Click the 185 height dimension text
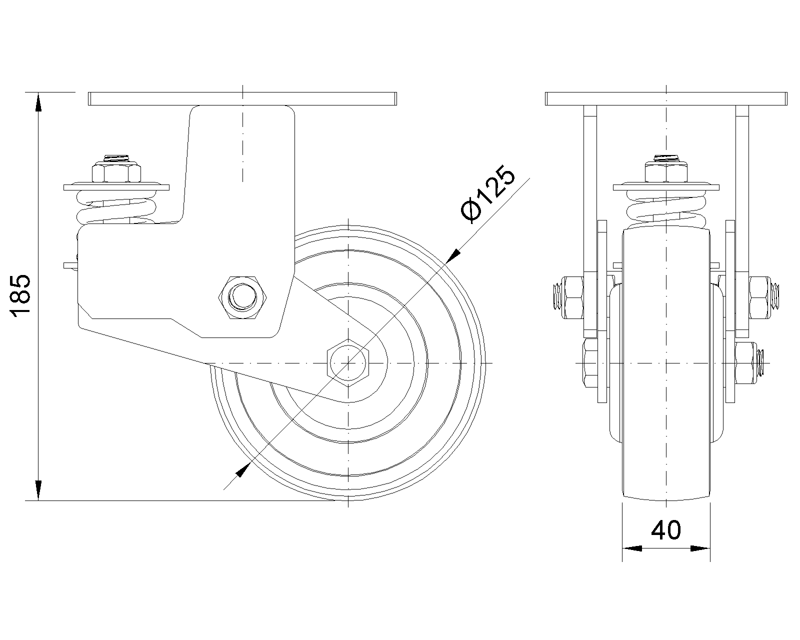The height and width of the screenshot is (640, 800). click(x=21, y=296)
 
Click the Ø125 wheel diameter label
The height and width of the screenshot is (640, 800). click(x=487, y=193)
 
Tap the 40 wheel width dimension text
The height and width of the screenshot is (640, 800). click(x=666, y=530)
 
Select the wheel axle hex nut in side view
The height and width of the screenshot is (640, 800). click(x=348, y=363)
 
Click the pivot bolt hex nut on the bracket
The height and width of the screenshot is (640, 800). click(x=243, y=297)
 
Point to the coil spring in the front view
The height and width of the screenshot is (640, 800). click(x=666, y=209)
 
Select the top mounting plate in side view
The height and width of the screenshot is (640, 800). click(x=242, y=98)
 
